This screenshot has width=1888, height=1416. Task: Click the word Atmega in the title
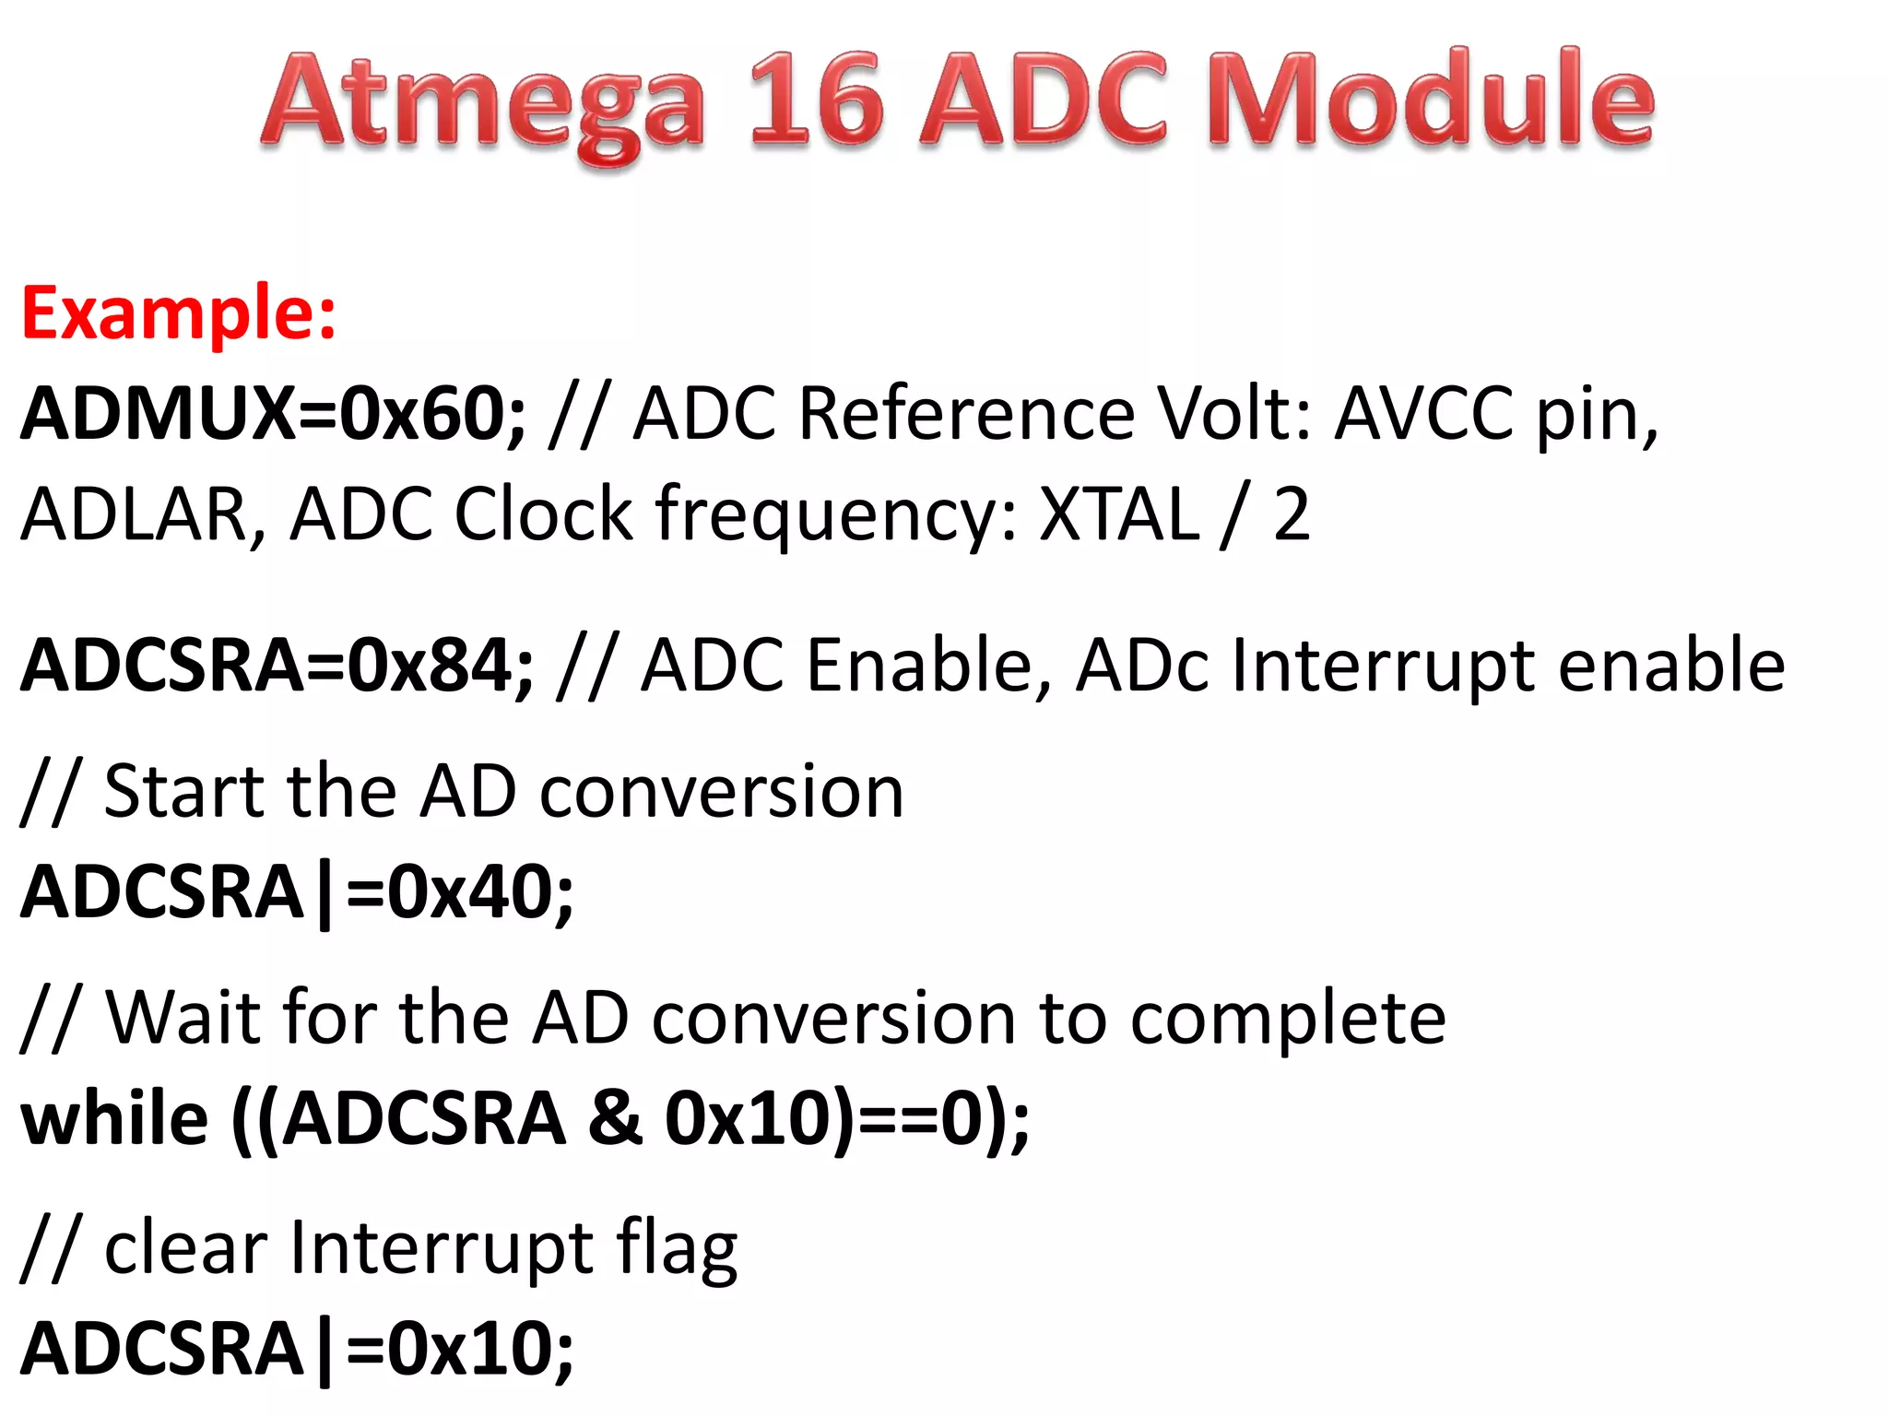point(483,103)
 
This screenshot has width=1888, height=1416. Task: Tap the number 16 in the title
point(816,100)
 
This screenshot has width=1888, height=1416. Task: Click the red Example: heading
point(179,313)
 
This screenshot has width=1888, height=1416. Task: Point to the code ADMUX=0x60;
point(273,414)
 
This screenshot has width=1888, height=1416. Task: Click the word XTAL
point(1120,514)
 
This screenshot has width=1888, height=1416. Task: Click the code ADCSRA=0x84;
point(277,666)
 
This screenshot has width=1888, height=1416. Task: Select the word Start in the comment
point(184,792)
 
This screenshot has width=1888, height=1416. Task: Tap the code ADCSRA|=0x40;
point(297,892)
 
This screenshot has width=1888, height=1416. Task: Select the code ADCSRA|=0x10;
point(297,1349)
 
